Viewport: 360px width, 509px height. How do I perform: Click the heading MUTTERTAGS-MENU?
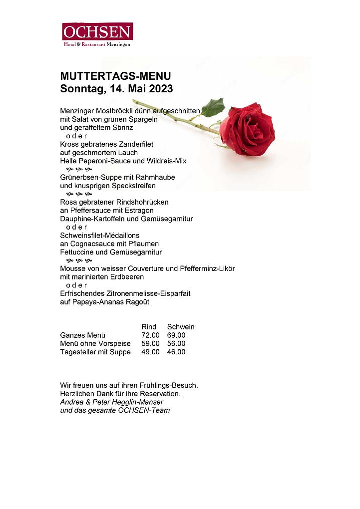(x=115, y=76)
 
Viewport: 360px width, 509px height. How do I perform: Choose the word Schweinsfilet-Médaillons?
(x=100, y=235)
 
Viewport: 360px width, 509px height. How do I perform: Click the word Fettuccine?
(x=77, y=252)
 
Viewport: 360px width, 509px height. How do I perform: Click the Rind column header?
(x=149, y=327)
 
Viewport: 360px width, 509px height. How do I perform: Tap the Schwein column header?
(x=181, y=327)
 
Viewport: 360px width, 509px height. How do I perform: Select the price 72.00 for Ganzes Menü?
(x=150, y=335)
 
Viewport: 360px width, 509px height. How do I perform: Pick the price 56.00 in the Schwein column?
(x=176, y=343)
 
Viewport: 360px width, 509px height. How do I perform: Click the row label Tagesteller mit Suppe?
(x=95, y=352)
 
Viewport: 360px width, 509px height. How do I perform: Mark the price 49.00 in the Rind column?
(x=150, y=352)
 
